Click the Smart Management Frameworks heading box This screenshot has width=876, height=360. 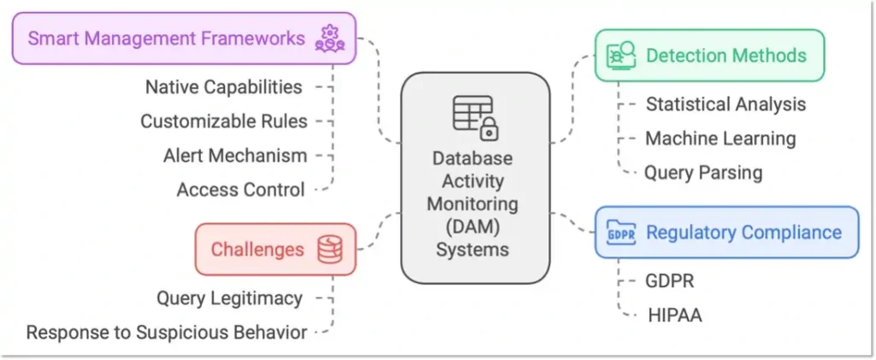pos(183,38)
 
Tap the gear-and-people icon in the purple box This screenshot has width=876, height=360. pos(328,38)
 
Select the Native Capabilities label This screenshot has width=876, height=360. pos(223,87)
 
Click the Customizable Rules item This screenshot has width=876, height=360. pos(223,121)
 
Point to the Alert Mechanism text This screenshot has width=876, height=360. pos(234,156)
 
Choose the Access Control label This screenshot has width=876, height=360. pos(240,190)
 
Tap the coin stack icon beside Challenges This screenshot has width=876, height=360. pos(329,250)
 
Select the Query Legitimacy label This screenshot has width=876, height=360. pos(229,298)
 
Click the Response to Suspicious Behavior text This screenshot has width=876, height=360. pos(166,333)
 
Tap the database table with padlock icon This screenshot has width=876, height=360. pos(475,118)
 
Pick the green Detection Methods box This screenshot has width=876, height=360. pos(709,56)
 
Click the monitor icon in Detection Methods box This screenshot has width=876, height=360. pos(620,56)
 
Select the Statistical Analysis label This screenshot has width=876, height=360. pos(725,104)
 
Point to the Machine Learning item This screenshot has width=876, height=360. pos(720,139)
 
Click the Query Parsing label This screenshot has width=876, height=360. pos(703,173)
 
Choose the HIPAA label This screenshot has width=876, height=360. pos(674,316)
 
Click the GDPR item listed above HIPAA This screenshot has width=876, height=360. pos(671,281)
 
